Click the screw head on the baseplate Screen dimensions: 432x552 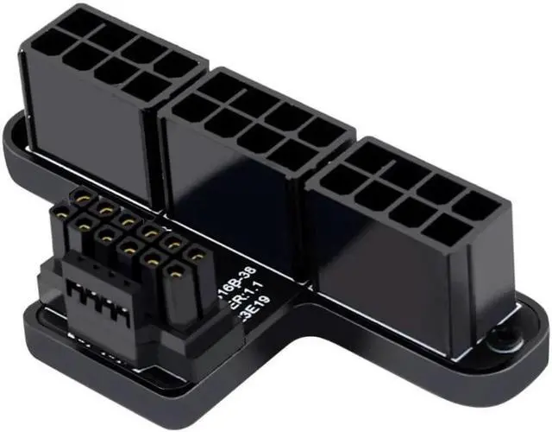[x=504, y=340]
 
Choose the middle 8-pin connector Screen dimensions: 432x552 [x=250, y=164]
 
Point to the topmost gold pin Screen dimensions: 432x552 [x=85, y=198]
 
